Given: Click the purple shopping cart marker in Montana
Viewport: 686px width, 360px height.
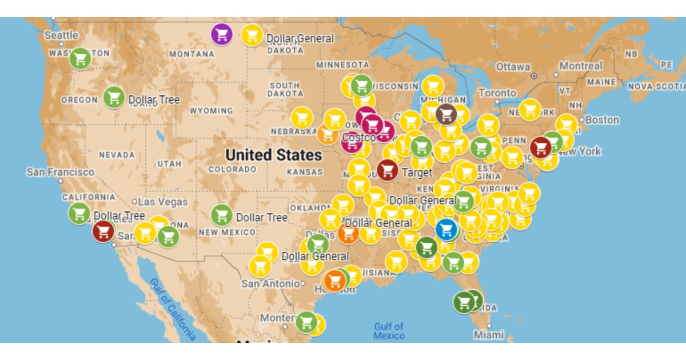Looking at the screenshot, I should coord(222,34).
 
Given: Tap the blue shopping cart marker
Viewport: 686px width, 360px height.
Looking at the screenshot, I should coord(446,229).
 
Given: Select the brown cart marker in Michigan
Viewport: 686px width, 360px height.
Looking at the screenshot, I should coord(446,114).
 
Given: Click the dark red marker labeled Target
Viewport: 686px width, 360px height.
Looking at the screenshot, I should coord(388,170).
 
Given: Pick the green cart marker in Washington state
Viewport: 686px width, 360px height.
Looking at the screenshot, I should coord(80,58).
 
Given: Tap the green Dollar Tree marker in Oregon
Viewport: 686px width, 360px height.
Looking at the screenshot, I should coord(114,98).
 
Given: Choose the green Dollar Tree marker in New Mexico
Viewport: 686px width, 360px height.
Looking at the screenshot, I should coord(221,215).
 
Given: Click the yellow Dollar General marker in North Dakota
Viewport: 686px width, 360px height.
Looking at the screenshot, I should coord(252,35).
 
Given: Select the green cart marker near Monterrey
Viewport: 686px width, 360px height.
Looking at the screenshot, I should coord(306,322).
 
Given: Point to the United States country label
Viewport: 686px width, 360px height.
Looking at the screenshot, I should coord(273,155).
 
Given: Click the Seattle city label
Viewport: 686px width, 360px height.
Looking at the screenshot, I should coord(61,35).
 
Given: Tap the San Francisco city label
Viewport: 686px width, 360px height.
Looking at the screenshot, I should coord(60,172).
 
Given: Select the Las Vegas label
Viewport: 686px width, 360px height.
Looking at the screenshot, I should coord(162,202).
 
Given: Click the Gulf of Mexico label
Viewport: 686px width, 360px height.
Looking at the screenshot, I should coord(389,331).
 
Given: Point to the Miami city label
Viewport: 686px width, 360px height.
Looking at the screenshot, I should coord(488,335).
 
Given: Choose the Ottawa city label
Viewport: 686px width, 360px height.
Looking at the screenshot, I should coord(513,67).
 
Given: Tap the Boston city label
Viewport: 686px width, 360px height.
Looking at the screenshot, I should coord(601,120).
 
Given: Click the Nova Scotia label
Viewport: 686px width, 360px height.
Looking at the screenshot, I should coord(656,87).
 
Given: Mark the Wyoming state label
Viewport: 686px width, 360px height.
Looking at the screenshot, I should coord(211,111).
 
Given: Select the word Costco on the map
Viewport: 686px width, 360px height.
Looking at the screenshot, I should coord(359,138).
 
